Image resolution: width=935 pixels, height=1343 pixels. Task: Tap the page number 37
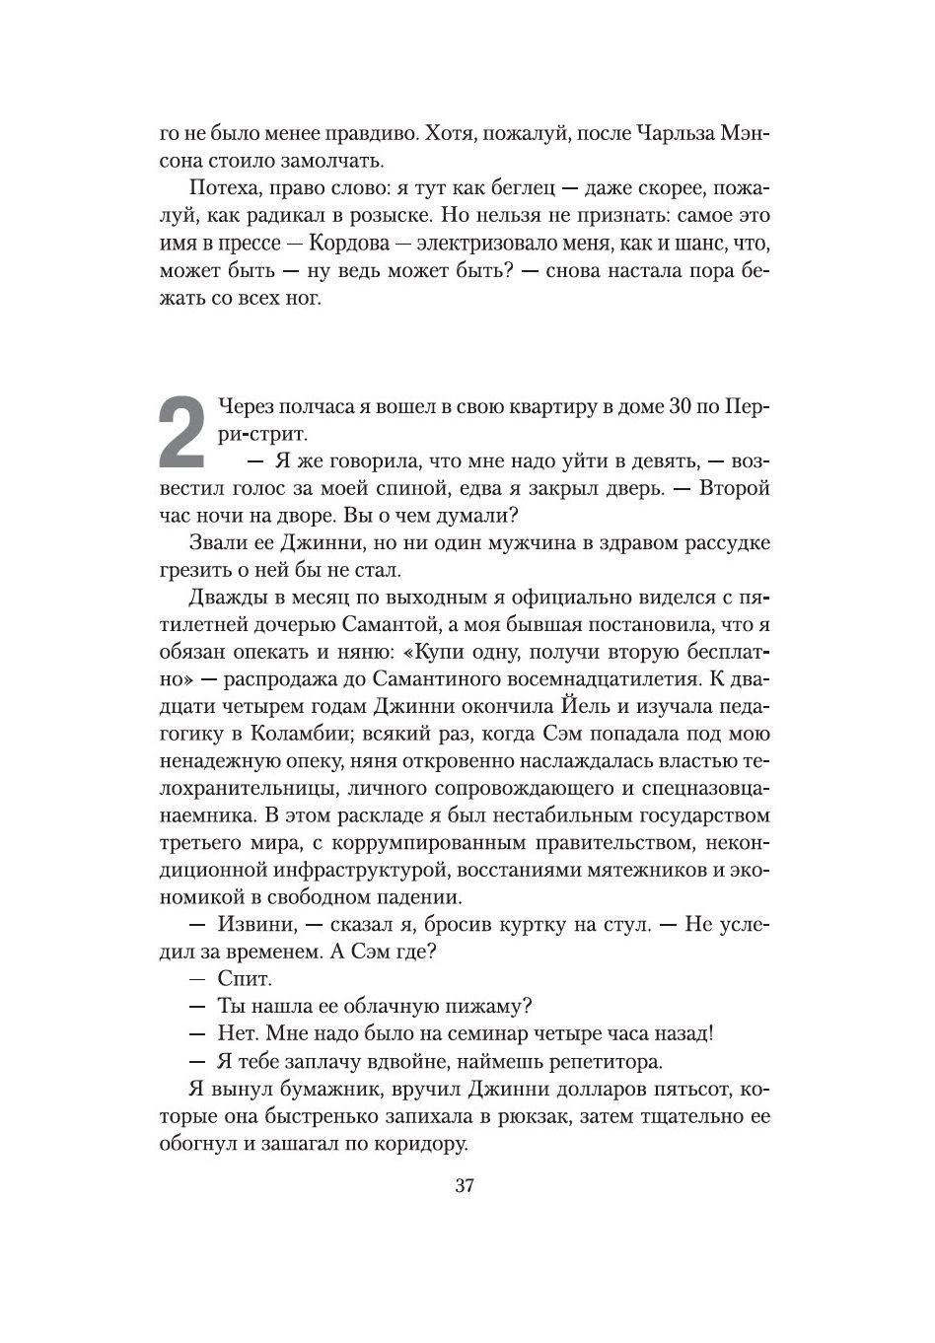(x=466, y=1186)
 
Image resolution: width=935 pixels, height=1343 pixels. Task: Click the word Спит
(x=245, y=979)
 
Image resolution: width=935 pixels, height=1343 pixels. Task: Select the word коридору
(x=411, y=1145)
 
